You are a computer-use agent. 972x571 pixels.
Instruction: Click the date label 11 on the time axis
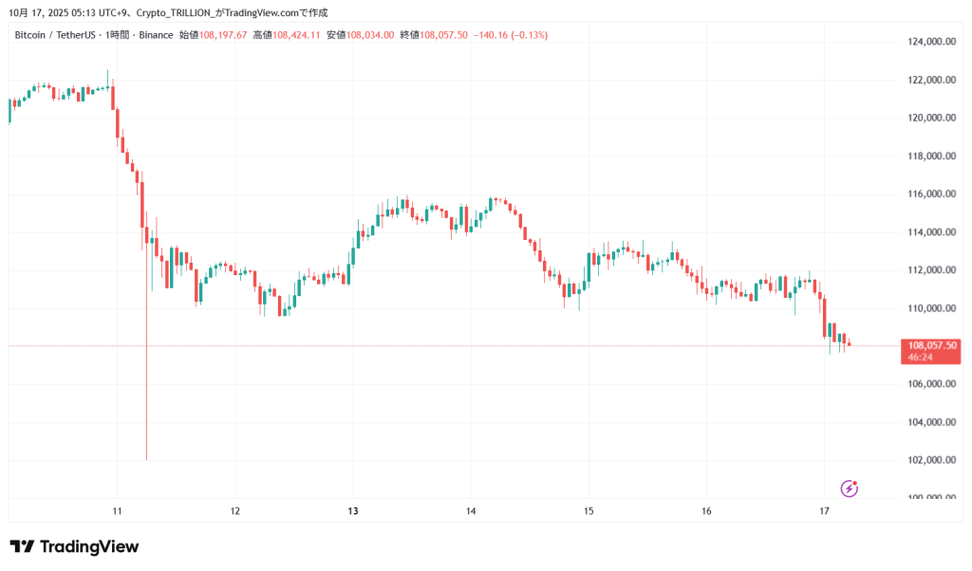117,511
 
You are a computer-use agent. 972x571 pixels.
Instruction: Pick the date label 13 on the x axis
353,511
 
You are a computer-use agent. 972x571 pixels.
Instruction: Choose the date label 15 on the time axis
589,511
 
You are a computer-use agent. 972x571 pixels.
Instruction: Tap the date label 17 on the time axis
825,511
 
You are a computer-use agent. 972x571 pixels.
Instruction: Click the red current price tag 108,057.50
932,345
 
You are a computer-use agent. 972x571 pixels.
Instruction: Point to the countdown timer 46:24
921,358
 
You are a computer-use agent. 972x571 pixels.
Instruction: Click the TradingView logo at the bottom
74,546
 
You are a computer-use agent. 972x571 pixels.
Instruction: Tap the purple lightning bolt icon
850,488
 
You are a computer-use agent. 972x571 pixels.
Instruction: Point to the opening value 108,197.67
223,35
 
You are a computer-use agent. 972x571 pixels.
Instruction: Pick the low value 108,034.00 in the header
371,35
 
